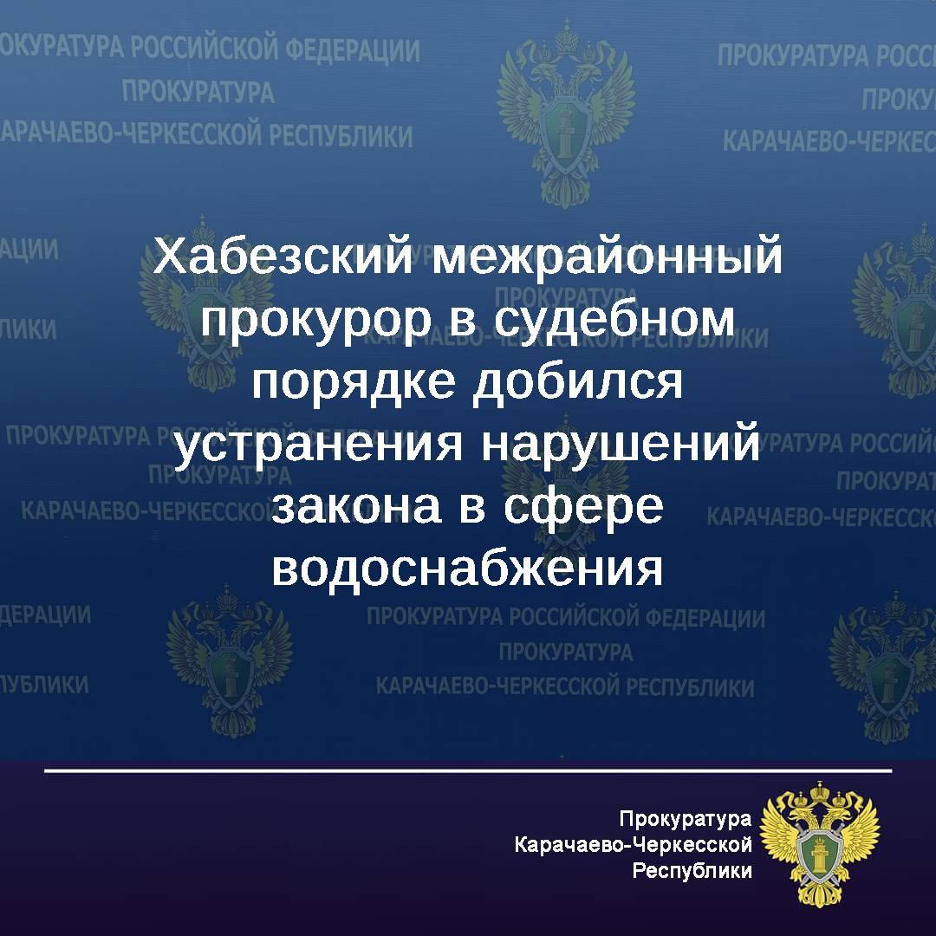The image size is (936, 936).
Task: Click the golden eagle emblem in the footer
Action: click(820, 844)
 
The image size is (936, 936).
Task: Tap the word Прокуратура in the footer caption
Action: click(686, 819)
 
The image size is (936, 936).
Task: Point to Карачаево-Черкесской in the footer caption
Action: click(634, 845)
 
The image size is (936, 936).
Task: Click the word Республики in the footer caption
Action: click(692, 871)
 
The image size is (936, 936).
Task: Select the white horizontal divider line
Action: click(468, 770)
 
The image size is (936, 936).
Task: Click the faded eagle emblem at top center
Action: click(565, 114)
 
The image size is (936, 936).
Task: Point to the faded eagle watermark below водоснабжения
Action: click(229, 660)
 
